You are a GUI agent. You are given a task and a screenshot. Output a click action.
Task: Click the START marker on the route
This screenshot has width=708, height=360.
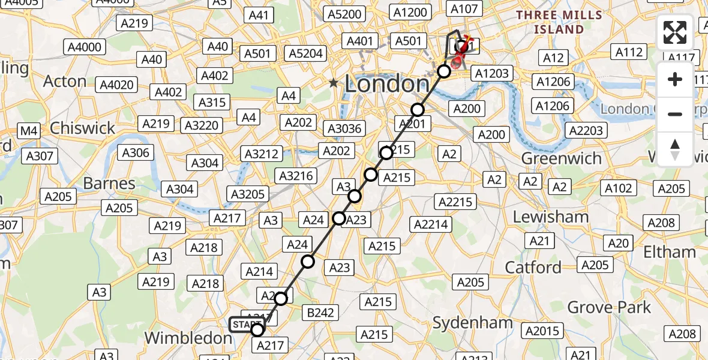[x=246, y=325]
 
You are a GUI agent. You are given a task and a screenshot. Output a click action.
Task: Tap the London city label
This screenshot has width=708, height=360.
[x=386, y=84]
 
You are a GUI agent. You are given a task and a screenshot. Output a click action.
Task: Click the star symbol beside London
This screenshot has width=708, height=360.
[x=333, y=83]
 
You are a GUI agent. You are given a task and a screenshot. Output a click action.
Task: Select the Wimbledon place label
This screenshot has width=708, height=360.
[x=188, y=338]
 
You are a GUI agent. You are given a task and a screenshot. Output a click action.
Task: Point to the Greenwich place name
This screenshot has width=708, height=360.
[x=561, y=158]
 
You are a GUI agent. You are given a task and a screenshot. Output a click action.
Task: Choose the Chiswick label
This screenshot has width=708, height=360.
[x=82, y=128]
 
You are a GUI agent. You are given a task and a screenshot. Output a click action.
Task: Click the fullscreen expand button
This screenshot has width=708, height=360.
[x=675, y=32]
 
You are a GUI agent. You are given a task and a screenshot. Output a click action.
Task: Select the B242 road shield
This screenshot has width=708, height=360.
[x=321, y=313]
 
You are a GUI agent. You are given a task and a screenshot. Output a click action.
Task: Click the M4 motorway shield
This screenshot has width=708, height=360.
[x=28, y=131]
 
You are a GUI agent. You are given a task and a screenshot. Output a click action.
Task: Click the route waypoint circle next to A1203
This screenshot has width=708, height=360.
[x=443, y=71]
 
